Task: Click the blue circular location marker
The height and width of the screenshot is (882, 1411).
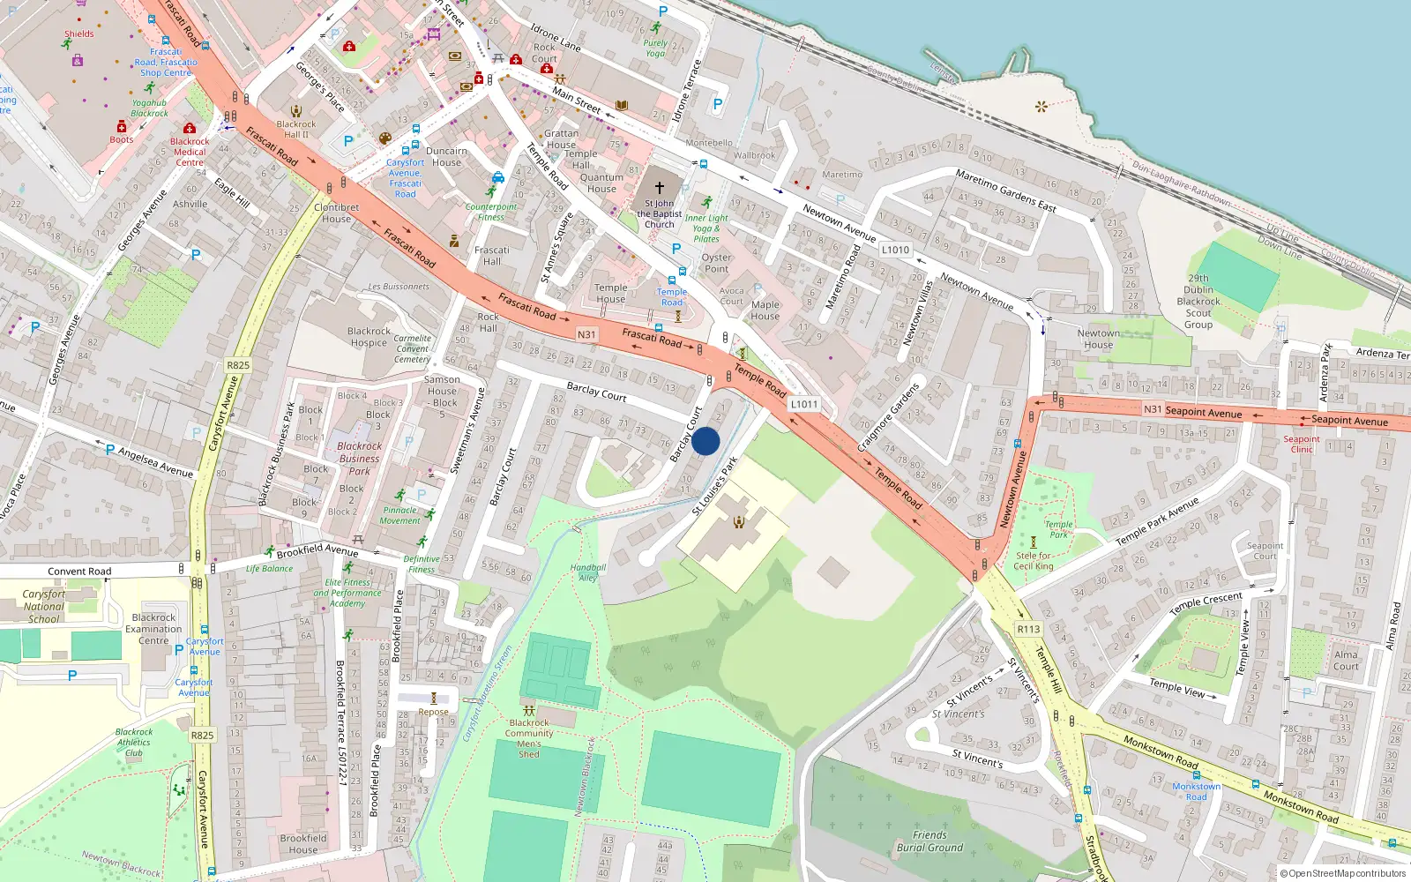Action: [705, 441]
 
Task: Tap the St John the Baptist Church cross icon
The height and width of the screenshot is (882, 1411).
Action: [659, 188]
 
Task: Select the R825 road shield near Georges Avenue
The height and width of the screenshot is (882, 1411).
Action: [238, 364]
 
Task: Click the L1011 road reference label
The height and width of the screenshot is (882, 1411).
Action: [803, 404]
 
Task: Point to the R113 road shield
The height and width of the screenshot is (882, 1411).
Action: [1028, 629]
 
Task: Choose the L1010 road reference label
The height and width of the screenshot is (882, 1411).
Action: [895, 250]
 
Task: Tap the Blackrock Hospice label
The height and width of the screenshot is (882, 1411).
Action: [369, 337]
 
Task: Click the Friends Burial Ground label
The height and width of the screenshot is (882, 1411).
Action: [929, 841]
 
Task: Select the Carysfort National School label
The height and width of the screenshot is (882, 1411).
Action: [44, 606]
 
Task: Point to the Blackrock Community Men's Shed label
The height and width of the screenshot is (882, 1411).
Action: [529, 738]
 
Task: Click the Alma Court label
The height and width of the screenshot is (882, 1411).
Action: [1346, 660]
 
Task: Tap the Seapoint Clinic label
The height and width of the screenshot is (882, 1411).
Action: [1302, 444]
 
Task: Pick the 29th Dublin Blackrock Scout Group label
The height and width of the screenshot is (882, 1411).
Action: [1198, 301]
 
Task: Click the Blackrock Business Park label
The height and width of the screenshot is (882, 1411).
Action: [360, 458]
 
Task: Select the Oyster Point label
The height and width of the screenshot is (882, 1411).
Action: [716, 263]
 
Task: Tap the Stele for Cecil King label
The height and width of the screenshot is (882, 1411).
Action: [1033, 561]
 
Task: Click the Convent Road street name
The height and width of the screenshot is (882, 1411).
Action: [79, 572]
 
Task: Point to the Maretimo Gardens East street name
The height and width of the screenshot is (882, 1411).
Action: [1005, 191]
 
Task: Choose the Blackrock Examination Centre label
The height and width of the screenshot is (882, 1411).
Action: [153, 629]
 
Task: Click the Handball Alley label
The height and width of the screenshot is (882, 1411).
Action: [588, 572]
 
